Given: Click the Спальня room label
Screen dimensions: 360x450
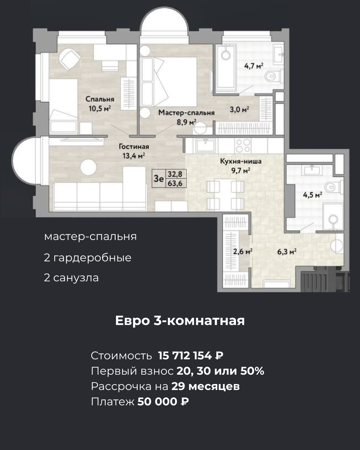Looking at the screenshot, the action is (100, 99).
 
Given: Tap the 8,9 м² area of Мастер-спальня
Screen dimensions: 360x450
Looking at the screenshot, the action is (186, 122).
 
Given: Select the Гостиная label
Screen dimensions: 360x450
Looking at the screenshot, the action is (134, 147).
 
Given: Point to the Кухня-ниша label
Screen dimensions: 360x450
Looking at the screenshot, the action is (241, 161).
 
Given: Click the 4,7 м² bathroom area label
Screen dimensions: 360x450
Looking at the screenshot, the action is (253, 66).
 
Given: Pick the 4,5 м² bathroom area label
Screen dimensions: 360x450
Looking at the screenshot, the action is (312, 195).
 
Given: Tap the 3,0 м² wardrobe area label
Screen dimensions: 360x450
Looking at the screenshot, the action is (239, 109).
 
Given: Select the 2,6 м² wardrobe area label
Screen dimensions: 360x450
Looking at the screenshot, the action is (243, 251).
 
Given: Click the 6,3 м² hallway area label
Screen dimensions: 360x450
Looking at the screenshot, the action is (287, 252).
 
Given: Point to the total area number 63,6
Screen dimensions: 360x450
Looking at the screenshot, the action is (175, 183).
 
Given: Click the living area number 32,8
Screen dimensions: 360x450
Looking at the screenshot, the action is (175, 174).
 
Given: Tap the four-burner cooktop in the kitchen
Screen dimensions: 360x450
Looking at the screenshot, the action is (243, 146).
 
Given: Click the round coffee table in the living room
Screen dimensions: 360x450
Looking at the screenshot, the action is (88, 167).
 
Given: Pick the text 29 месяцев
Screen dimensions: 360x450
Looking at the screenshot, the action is (205, 386).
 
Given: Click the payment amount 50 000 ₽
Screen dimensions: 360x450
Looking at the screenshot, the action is (163, 402).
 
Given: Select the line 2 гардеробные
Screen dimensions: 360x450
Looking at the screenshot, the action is (88, 258).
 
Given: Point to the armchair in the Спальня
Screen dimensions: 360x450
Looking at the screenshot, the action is (70, 59).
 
